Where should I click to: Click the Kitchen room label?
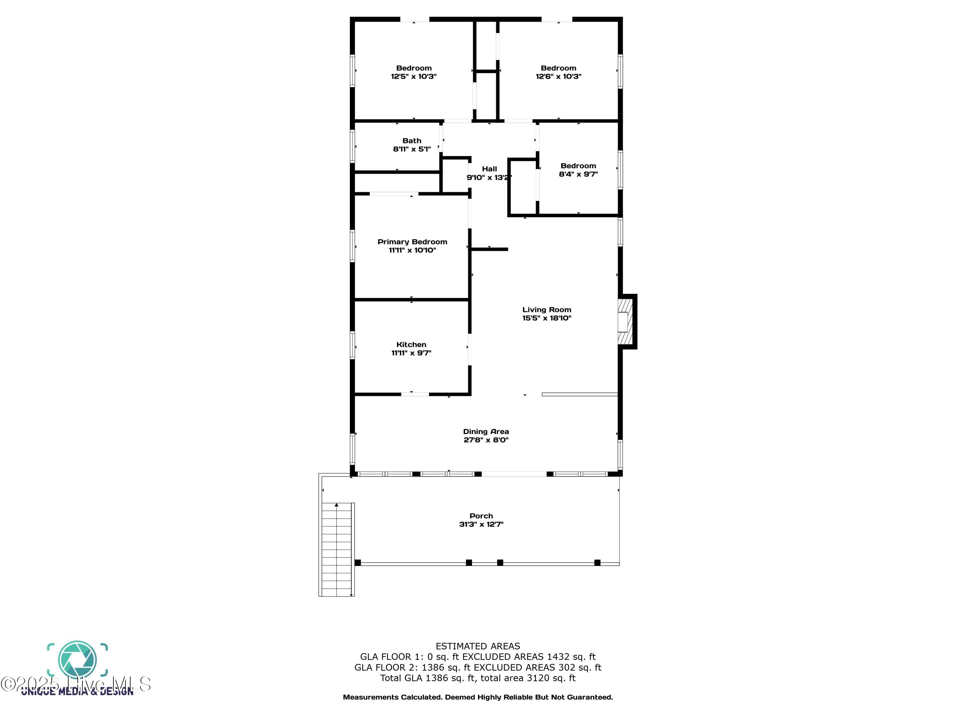click(411, 344)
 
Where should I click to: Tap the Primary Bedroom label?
click(412, 242)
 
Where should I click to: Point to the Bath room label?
click(411, 141)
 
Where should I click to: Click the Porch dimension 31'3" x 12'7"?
click(481, 524)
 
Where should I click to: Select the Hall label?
click(489, 169)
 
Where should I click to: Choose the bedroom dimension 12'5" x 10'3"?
click(414, 76)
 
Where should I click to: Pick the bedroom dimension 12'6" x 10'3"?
click(558, 76)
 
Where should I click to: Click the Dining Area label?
click(486, 431)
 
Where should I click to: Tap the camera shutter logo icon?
click(77, 660)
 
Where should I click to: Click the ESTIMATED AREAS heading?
click(478, 646)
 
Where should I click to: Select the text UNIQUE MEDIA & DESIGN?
click(77, 692)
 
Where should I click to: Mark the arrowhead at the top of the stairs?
click(337, 505)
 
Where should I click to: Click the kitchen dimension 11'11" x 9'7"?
click(411, 353)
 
